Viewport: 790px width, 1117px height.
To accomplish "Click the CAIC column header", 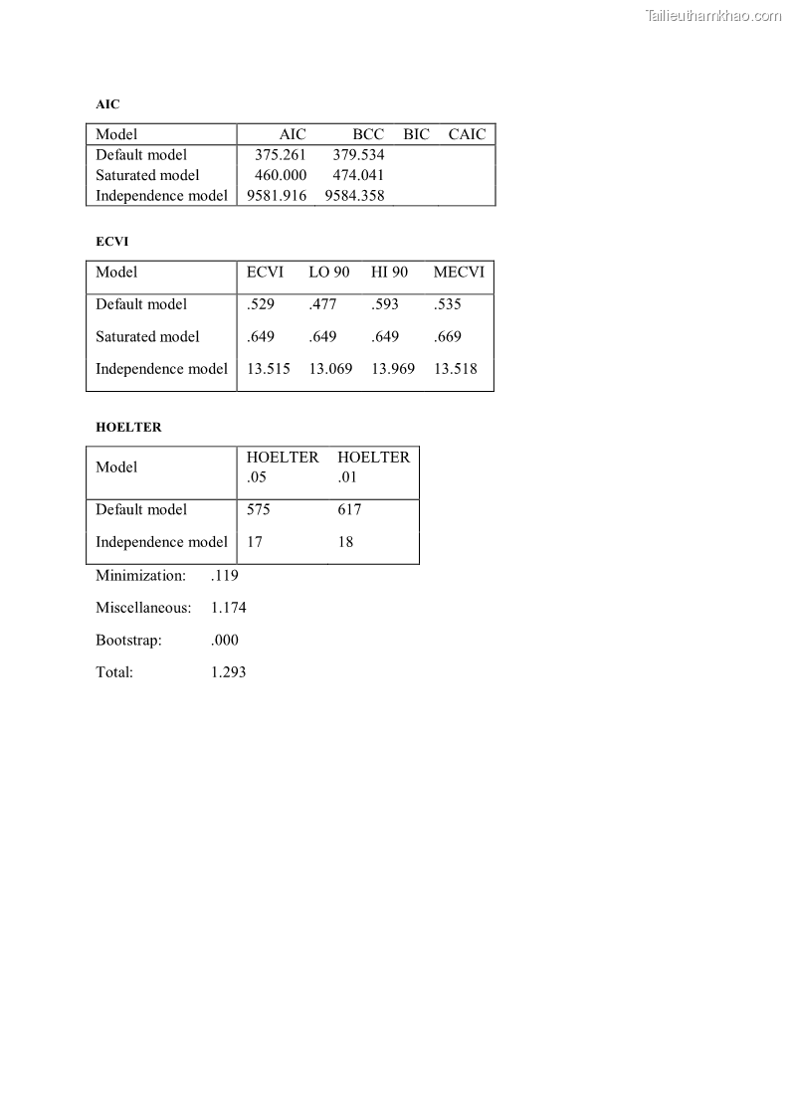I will [467, 134].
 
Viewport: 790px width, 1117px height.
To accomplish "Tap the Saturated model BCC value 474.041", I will [358, 175].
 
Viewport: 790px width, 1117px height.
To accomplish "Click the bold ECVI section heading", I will [112, 242].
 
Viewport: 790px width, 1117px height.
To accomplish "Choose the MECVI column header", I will [459, 273].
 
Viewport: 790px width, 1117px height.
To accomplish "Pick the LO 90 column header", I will [329, 273].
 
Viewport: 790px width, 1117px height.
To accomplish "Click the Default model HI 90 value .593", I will [385, 304].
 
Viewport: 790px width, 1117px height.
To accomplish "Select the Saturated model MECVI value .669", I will [448, 336].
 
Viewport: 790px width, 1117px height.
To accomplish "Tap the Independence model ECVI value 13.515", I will [269, 369].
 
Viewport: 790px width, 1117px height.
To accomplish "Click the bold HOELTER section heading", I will [128, 428].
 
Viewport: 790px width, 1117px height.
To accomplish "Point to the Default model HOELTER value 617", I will [349, 510].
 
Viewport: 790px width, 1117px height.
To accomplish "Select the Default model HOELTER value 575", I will [259, 510].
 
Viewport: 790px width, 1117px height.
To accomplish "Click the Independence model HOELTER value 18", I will [345, 542].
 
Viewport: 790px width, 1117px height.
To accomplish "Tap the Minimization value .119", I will [225, 576].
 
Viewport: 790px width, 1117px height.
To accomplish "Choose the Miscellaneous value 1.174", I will [229, 608].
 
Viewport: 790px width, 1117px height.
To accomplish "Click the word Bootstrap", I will [128, 641].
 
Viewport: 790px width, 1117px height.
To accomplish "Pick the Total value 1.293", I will [229, 672].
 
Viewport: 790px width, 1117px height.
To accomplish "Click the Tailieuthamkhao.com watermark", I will [713, 16].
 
